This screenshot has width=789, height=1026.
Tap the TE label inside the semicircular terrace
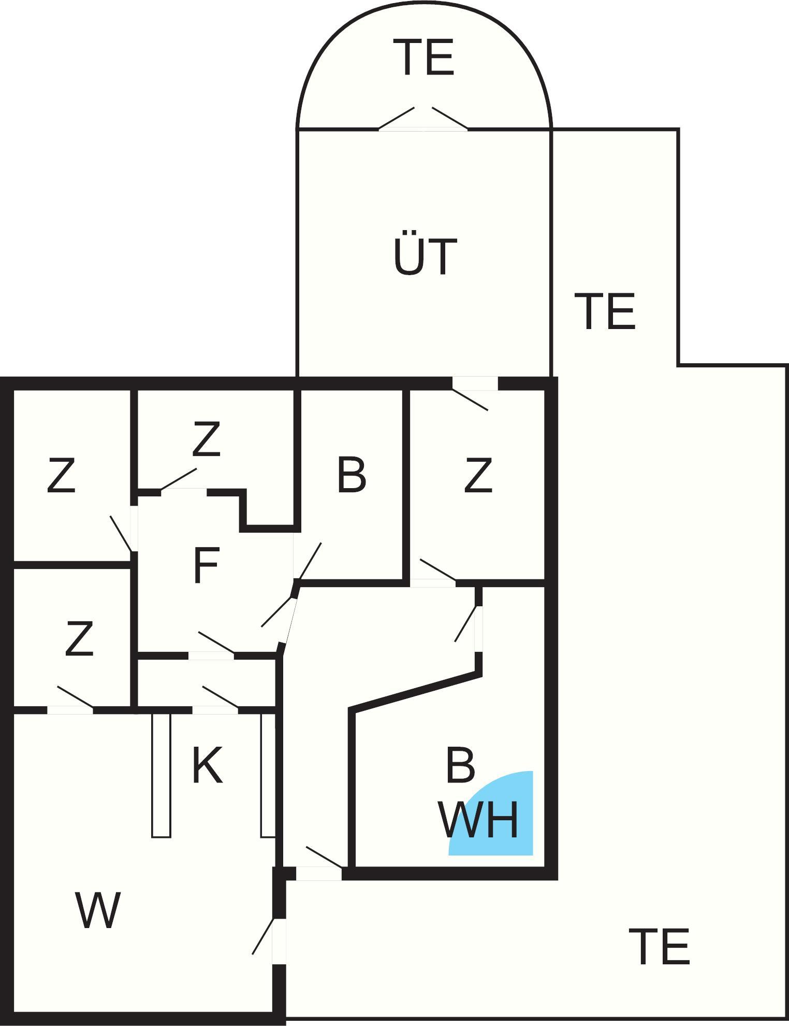point(423,58)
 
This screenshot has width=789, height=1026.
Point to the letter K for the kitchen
point(207,765)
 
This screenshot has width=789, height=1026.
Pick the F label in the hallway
point(206,565)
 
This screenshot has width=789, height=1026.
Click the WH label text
point(478,820)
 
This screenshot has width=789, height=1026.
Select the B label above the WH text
point(460,765)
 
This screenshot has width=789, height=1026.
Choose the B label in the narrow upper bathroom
point(352,474)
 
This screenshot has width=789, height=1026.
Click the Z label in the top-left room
point(61,475)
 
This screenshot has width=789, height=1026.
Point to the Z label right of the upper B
point(478,475)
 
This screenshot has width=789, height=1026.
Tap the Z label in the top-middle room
point(206,439)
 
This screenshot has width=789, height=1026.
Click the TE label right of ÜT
point(605,311)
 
